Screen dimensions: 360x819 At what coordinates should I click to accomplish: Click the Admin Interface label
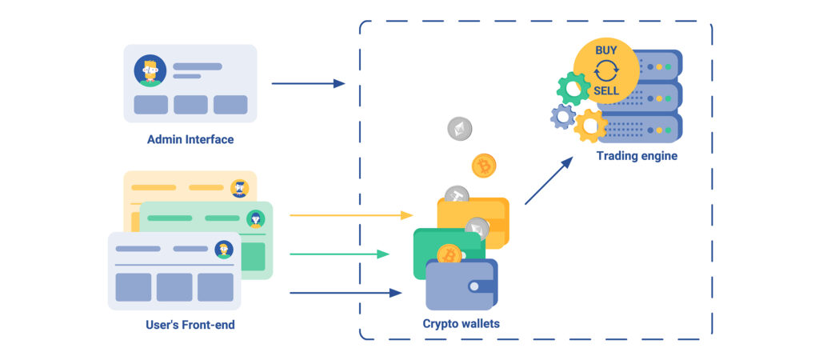tap(190, 139)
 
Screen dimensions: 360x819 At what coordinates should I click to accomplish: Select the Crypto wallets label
tap(461, 324)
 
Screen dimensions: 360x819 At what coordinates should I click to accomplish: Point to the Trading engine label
tap(637, 156)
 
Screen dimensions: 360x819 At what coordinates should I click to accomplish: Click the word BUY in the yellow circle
tap(605, 50)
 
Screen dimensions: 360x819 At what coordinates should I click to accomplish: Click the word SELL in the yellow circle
tap(605, 90)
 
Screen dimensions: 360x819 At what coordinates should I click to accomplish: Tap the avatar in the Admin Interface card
tap(150, 70)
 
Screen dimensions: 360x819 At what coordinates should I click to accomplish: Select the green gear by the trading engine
tap(573, 88)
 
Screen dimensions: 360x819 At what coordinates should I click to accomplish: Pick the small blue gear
tap(563, 118)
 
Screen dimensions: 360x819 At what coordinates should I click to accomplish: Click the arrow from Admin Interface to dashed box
tap(308, 83)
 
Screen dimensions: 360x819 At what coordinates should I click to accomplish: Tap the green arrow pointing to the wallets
tap(339, 254)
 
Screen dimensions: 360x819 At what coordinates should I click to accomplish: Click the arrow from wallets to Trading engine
tap(549, 180)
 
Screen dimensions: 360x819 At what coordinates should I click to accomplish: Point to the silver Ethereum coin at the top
tap(460, 129)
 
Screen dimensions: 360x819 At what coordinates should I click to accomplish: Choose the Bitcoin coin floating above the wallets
tap(484, 166)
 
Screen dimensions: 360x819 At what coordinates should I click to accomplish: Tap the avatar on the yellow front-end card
tap(239, 188)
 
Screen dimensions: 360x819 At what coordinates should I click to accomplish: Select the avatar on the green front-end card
tap(255, 218)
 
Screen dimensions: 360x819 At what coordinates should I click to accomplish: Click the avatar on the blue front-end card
tap(224, 250)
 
